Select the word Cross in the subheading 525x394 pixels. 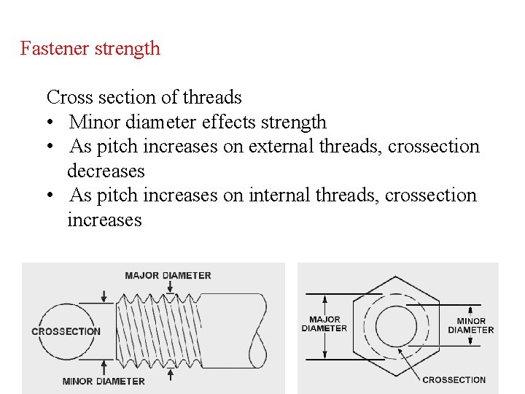pos(67,97)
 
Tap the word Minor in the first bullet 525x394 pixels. pos(94,122)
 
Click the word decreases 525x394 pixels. pos(106,171)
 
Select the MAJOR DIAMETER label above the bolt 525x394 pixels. pos(168,276)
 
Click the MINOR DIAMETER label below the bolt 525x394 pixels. pos(104,381)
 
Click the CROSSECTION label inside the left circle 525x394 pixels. pos(66,331)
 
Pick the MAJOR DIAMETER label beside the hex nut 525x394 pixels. pos(324,324)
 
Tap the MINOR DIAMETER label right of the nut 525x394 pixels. pos(471,325)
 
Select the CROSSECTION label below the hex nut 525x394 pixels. pos(454,379)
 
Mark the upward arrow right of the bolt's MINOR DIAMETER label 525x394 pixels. pos(170,374)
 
